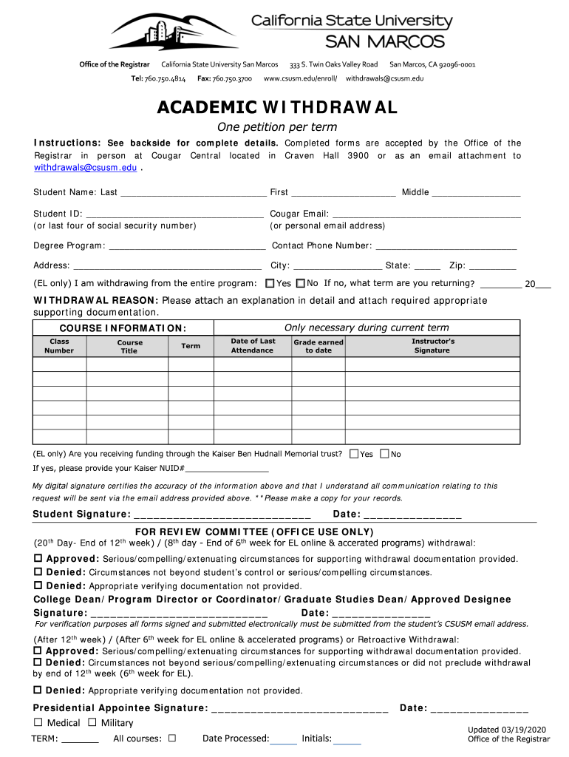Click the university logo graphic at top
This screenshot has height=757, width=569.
pos(174,31)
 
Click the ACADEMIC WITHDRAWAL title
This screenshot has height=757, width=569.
pos(277,108)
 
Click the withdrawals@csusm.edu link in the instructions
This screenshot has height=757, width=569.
pos(85,168)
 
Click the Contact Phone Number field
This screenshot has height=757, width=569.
pos(446,246)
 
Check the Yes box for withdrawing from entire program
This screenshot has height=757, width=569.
pos(270,283)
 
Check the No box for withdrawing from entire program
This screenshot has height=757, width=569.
pos(300,283)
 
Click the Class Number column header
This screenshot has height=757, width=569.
pos(59,346)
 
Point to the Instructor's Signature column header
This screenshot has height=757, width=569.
pos(432,346)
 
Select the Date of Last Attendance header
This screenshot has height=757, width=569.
pos(253,346)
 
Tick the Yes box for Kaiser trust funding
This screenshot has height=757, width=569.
pos(354,454)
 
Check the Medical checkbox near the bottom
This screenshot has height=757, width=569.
pos(38,722)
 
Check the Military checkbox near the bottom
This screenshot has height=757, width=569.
pos(92,722)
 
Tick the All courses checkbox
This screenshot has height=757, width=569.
pos(171,738)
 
